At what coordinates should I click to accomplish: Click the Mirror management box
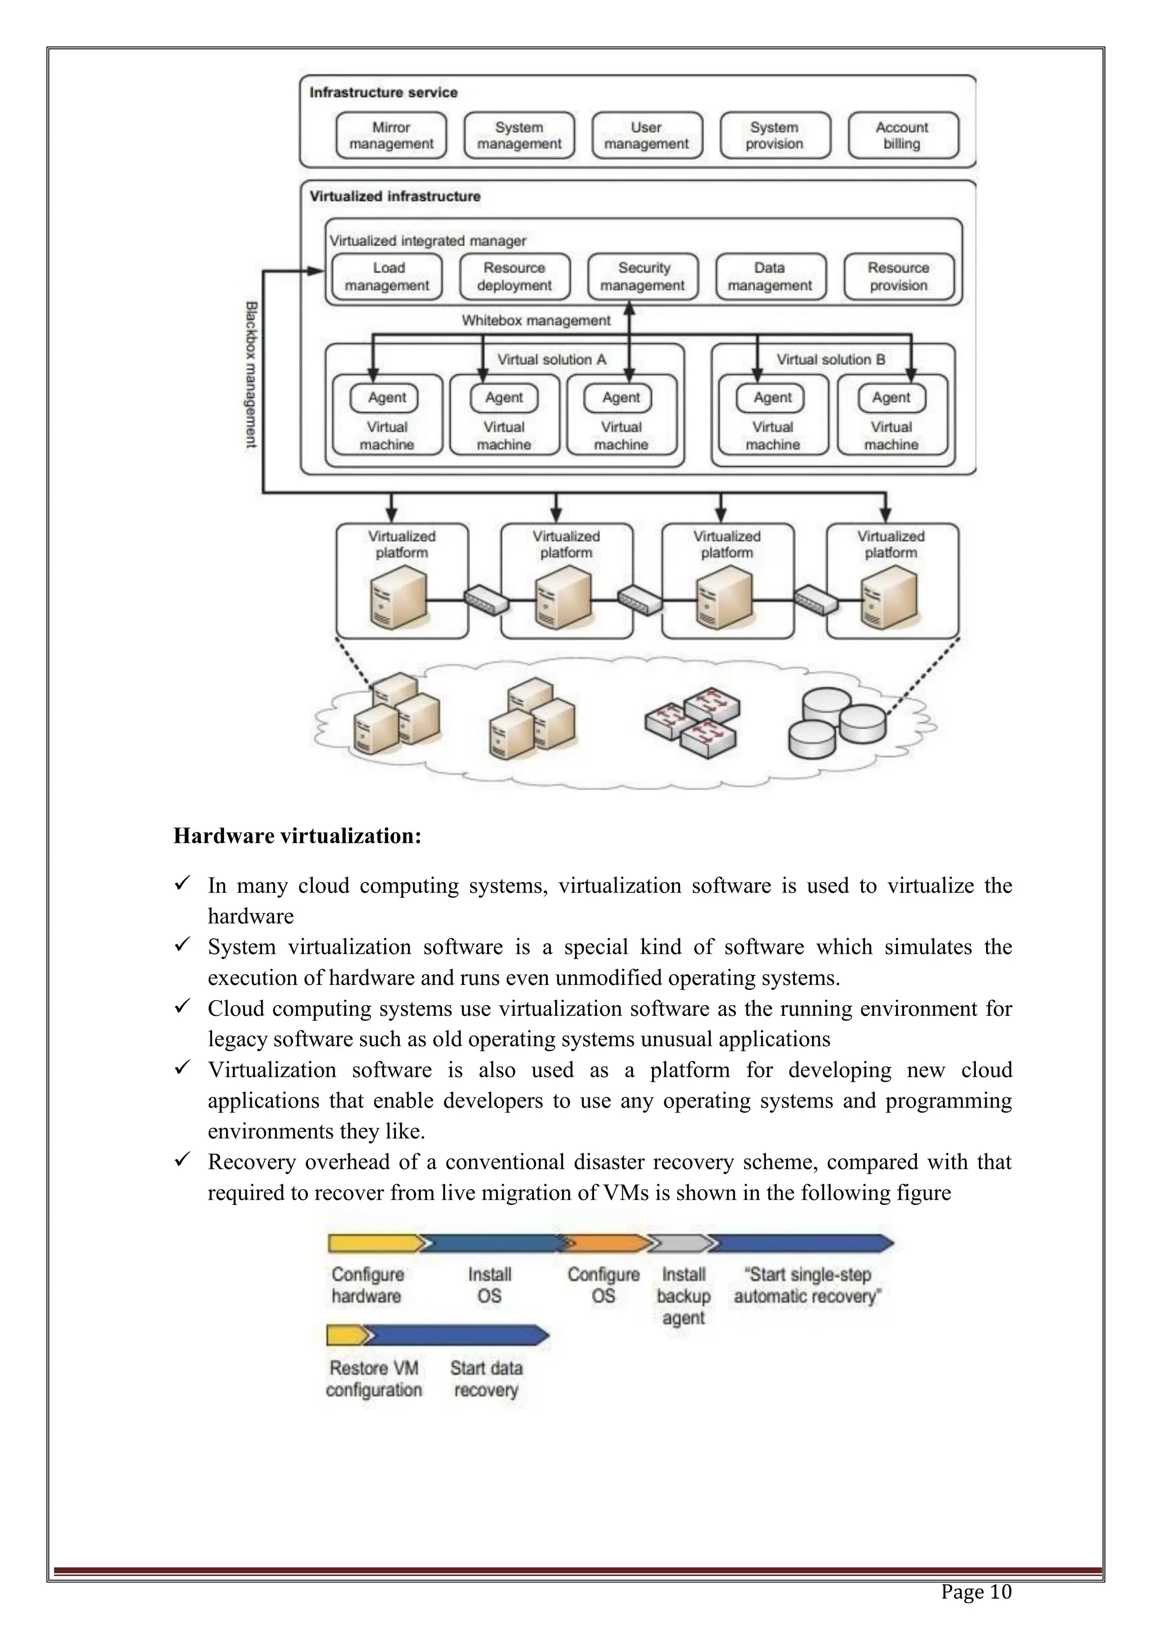tap(391, 136)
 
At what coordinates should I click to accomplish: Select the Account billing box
tap(902, 136)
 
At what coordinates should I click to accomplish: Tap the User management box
tap(646, 136)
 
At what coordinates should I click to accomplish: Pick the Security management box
tap(643, 277)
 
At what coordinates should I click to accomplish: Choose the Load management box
tap(388, 277)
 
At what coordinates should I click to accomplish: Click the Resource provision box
tap(899, 277)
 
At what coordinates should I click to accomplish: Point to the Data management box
tap(771, 277)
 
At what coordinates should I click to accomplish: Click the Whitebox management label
tap(535, 321)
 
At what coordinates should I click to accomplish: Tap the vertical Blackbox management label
tap(251, 375)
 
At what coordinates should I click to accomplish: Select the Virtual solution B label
tap(831, 359)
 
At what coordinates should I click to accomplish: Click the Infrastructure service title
tap(383, 92)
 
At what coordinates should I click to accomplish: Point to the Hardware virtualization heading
tap(297, 836)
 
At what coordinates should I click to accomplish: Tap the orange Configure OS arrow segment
tap(607, 1243)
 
